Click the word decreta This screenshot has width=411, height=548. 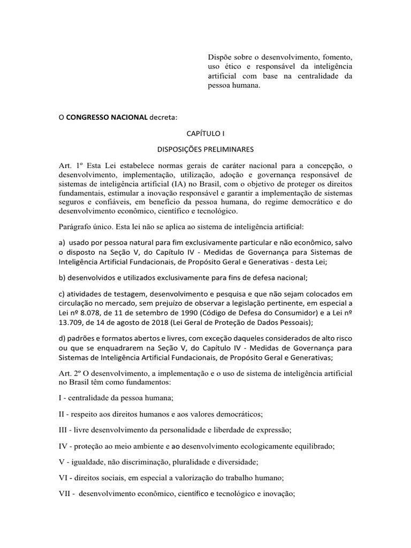point(164,117)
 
